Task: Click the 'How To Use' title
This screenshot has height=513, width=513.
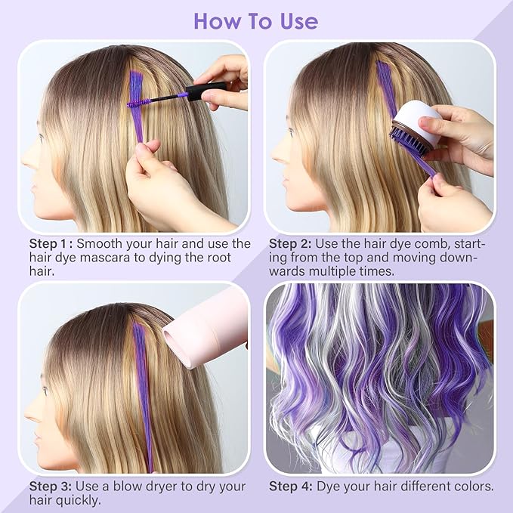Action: (256, 20)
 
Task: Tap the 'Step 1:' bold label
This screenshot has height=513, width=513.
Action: (50, 243)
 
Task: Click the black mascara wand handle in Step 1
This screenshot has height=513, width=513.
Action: (202, 93)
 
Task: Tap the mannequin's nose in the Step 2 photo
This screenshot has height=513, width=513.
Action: (274, 153)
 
